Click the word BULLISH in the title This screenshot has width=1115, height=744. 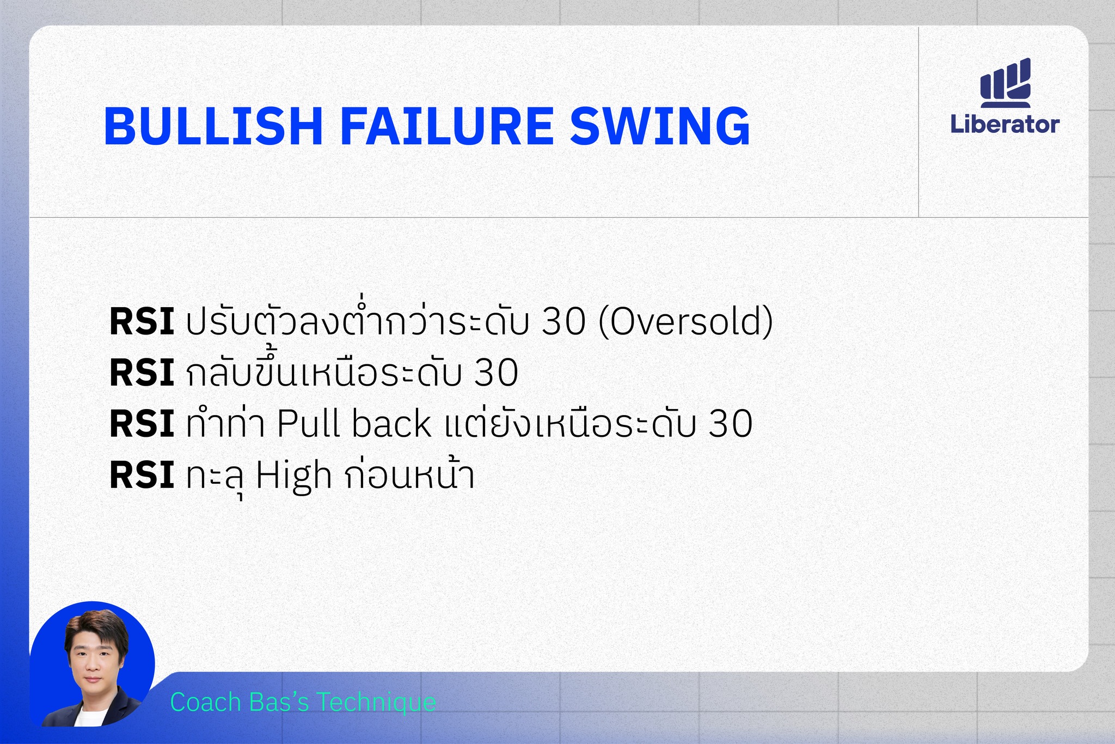pos(213,126)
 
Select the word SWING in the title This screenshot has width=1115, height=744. pos(660,126)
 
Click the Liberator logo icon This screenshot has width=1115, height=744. pos(1006,82)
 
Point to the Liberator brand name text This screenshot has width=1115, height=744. pos(1005,124)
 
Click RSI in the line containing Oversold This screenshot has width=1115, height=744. pos(142,321)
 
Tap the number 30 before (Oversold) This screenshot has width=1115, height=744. pos(564,321)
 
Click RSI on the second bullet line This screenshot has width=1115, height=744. pos(142,373)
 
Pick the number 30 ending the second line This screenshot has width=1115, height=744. pos(496,373)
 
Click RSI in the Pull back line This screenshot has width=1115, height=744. pos(142,424)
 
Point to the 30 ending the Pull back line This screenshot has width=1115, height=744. pos(731,424)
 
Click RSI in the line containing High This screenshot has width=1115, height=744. pos(142,475)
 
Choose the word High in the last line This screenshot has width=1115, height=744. pos(293,476)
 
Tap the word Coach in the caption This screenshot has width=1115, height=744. pos(206,702)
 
